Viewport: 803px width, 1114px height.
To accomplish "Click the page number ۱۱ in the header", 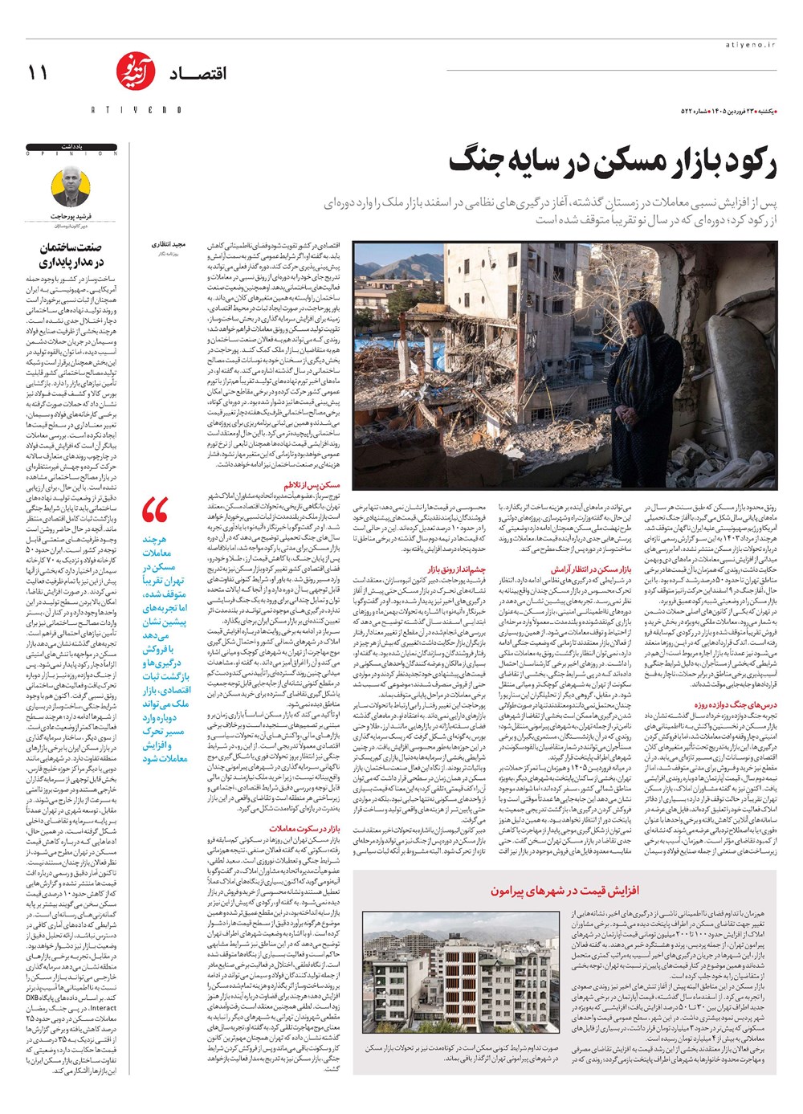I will coord(38,73).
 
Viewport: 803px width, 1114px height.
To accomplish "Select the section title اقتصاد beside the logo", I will coord(198,74).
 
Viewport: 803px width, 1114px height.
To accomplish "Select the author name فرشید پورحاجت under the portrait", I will coord(71,217).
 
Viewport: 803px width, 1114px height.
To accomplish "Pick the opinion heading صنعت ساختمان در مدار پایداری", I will coord(71,255).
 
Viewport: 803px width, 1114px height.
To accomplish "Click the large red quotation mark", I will coord(155,511).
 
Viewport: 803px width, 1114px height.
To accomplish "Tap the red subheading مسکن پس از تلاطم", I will coord(312,485).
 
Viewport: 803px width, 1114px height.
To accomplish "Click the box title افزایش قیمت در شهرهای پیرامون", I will coord(565,891).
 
